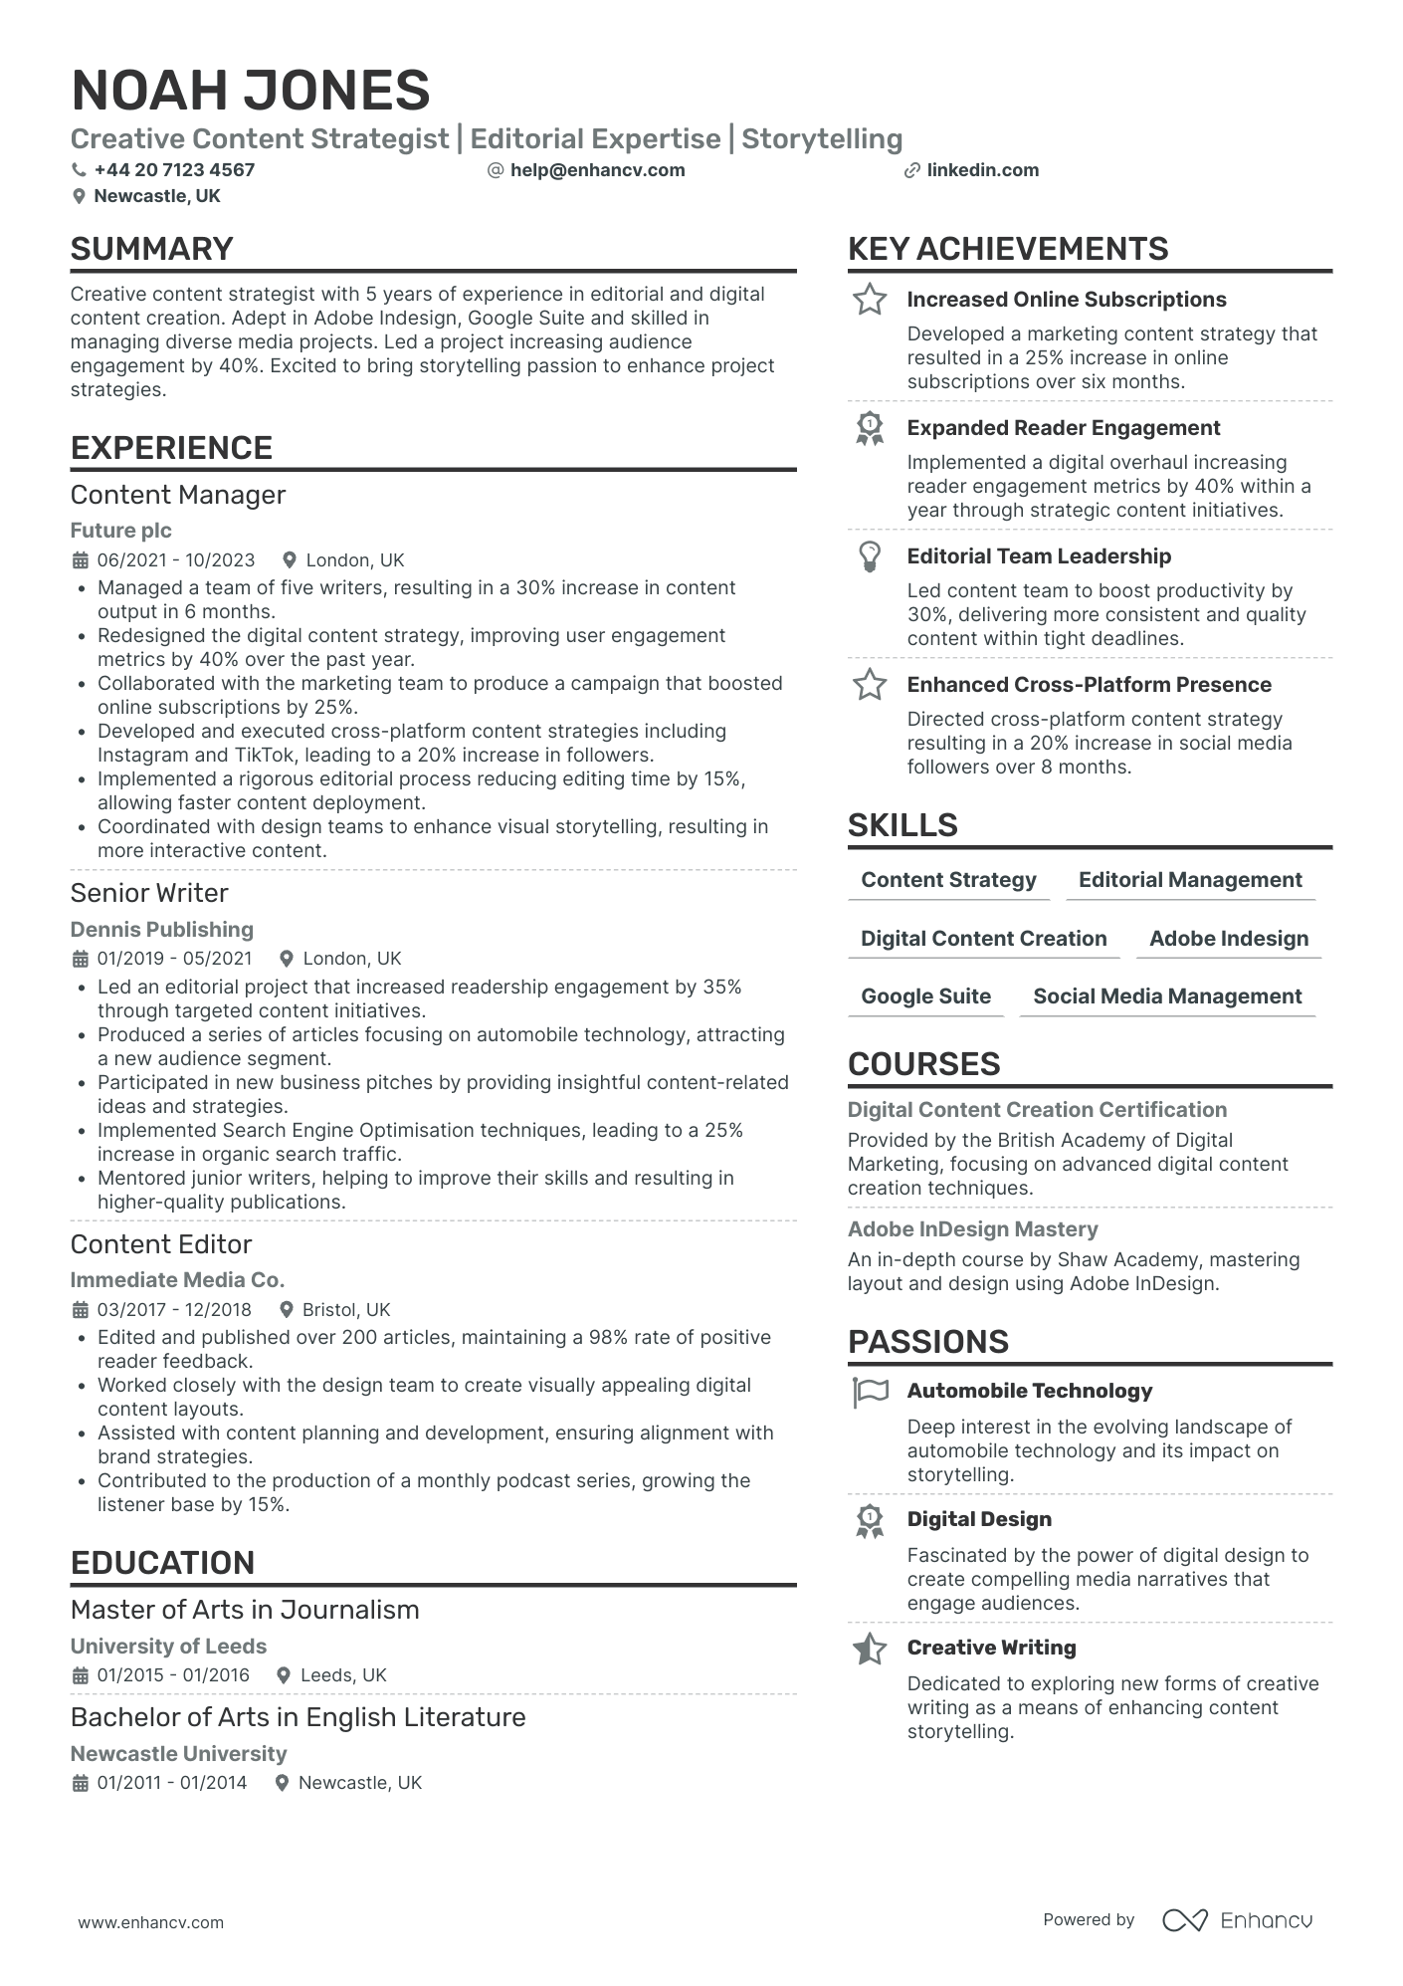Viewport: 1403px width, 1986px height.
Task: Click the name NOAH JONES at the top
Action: pos(251,91)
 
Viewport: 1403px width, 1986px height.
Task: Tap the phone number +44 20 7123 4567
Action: pos(174,170)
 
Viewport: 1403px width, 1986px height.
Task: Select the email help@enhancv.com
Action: pos(597,170)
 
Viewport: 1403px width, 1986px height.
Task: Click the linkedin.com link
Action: pos(982,170)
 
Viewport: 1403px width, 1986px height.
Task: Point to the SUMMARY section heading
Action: pos(152,249)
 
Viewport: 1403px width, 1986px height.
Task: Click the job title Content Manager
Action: pos(178,495)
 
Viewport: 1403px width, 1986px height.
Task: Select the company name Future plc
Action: pos(120,531)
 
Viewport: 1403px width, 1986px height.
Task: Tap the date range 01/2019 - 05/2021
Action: pos(174,959)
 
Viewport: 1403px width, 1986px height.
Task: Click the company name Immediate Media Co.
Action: pos(177,1280)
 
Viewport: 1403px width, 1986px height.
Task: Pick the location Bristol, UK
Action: pos(345,1310)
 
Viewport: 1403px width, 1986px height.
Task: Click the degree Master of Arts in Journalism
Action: pos(245,1610)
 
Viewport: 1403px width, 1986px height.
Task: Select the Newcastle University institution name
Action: pos(178,1753)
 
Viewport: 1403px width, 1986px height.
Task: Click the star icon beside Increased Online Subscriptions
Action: pos(870,300)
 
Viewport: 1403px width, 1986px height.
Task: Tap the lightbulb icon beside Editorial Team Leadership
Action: pos(870,556)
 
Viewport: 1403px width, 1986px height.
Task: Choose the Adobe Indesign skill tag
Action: pos(1228,939)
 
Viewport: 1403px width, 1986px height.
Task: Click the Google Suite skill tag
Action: pos(925,996)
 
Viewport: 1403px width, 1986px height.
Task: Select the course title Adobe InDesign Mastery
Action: pos(972,1229)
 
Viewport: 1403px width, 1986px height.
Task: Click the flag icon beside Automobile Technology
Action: pos(870,1392)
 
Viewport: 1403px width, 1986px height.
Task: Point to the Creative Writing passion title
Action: pos(991,1648)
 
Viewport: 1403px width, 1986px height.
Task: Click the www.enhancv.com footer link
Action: pos(151,1922)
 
